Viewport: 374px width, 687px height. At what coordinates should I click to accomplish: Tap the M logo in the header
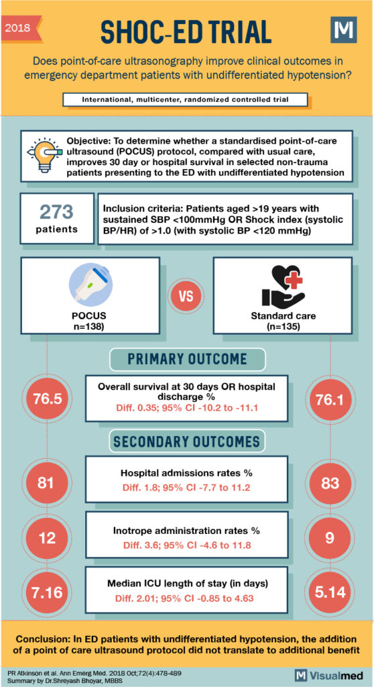[x=344, y=31]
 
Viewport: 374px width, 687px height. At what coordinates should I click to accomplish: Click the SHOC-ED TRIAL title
[x=186, y=31]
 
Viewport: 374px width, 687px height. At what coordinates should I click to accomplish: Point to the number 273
[x=56, y=213]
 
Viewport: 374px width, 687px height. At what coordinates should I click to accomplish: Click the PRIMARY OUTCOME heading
[x=187, y=360]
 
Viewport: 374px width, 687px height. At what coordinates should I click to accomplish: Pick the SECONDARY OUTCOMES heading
[x=187, y=441]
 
